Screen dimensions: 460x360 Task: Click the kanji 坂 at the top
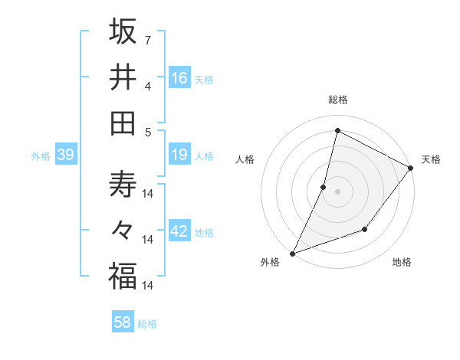[x=123, y=32]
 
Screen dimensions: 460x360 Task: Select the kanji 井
[x=123, y=77]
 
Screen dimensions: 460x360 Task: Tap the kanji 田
[x=123, y=122]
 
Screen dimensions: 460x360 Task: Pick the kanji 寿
[x=123, y=185]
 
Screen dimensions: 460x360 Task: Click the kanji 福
[x=123, y=276]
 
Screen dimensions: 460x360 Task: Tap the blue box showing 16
[x=179, y=78]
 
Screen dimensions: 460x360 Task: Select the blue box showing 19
[x=179, y=155]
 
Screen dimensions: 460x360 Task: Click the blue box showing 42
[x=179, y=232]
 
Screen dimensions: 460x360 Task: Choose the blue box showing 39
[x=65, y=155]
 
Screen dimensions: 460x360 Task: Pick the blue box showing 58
[x=123, y=322]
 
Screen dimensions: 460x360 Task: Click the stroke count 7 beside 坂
[x=147, y=39]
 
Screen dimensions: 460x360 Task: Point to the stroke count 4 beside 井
[x=147, y=87]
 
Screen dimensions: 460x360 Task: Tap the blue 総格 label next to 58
[x=147, y=324]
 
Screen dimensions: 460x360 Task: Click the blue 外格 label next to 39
[x=41, y=156]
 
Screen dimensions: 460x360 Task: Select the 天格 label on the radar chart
[x=431, y=159]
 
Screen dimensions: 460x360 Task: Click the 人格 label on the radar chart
[x=245, y=159]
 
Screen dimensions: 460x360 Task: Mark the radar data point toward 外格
[x=292, y=253]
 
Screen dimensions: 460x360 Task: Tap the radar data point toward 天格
[x=411, y=169]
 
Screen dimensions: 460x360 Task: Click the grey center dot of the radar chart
[x=337, y=191]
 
